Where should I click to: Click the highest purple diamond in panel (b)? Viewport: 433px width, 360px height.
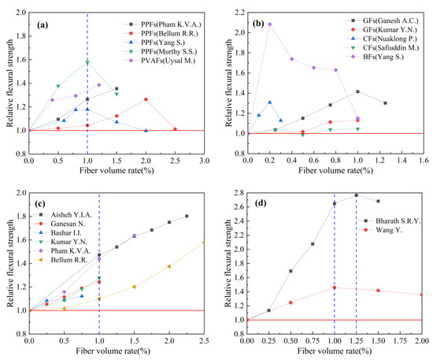tap(270, 24)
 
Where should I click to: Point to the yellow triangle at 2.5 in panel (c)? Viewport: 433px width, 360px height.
tap(204, 243)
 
